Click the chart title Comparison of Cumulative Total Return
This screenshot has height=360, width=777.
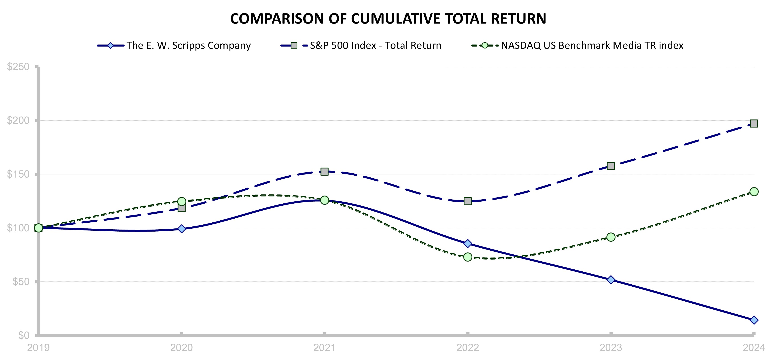pyautogui.click(x=388, y=19)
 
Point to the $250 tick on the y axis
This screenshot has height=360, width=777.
pyautogui.click(x=18, y=67)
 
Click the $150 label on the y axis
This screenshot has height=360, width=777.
pyautogui.click(x=18, y=175)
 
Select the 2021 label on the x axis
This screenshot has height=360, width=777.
pyautogui.click(x=324, y=348)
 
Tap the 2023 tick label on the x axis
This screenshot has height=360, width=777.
pyautogui.click(x=611, y=348)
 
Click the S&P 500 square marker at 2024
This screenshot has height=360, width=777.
pyautogui.click(x=754, y=124)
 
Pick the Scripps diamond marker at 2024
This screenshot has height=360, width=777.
pyautogui.click(x=754, y=320)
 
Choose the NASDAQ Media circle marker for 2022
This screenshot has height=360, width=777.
pyautogui.click(x=467, y=257)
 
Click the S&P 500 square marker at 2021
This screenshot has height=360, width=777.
pyautogui.click(x=324, y=172)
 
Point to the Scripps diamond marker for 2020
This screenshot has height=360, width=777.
pyautogui.click(x=182, y=229)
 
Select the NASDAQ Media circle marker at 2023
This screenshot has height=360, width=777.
pyautogui.click(x=611, y=237)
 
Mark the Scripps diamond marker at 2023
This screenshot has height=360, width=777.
pyautogui.click(x=611, y=280)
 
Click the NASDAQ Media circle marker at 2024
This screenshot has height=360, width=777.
pyautogui.click(x=754, y=192)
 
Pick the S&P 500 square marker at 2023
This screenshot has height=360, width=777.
pyautogui.click(x=611, y=166)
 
